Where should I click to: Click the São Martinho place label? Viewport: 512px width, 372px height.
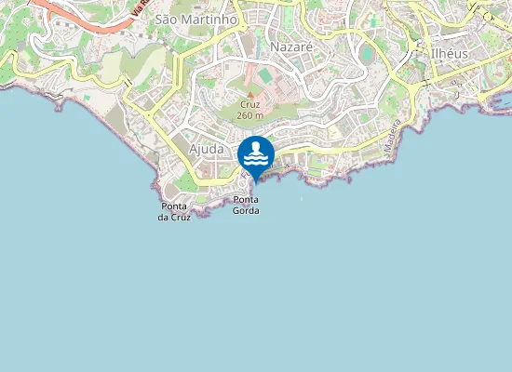click(195, 19)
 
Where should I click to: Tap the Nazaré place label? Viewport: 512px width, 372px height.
click(290, 46)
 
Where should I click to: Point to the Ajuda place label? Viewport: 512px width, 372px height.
click(206, 149)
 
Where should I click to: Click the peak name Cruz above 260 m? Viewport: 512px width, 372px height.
click(249, 105)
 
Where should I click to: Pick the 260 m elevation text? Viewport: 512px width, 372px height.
click(249, 115)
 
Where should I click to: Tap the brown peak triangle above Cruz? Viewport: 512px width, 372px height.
click(249, 94)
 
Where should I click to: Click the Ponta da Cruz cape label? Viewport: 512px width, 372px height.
click(175, 211)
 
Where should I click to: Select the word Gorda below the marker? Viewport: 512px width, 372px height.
click(246, 211)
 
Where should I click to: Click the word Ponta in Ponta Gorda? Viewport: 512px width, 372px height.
click(246, 200)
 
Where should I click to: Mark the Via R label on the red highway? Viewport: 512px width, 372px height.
click(140, 7)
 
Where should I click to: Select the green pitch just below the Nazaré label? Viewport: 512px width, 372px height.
click(266, 73)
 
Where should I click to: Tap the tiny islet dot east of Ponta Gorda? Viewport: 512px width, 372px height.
click(302, 197)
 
